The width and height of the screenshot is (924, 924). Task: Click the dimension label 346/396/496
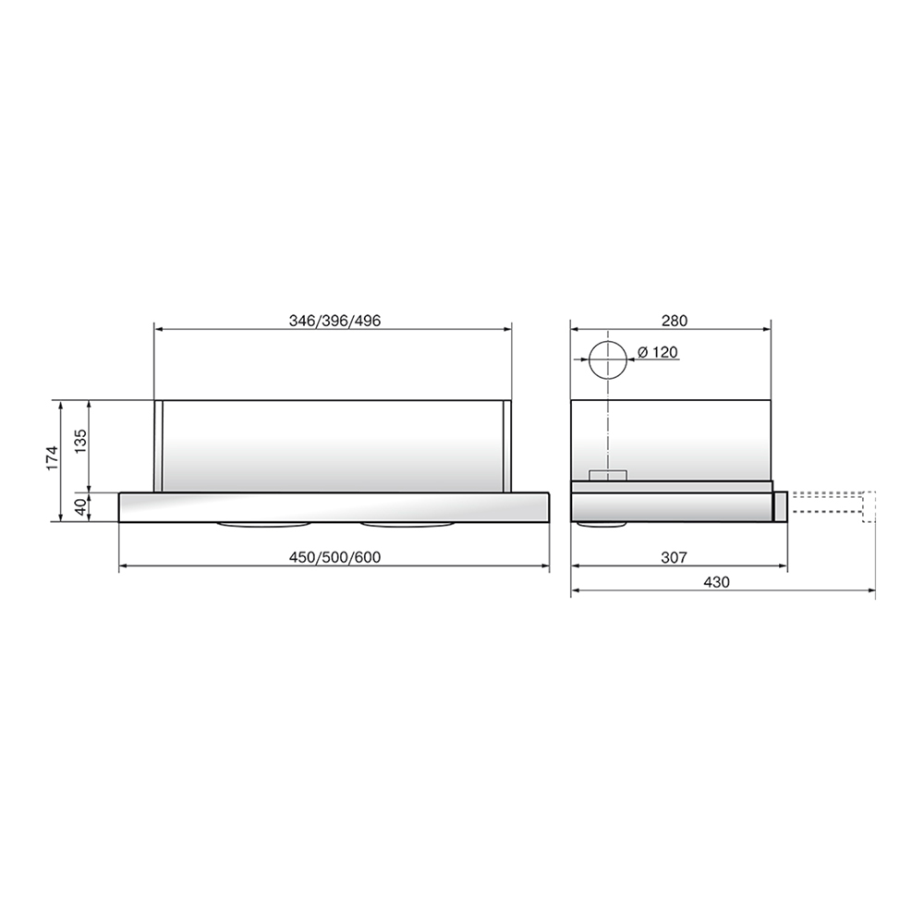(334, 321)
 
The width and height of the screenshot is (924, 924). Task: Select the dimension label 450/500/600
(334, 557)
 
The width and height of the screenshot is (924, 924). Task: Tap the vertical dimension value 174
(53, 458)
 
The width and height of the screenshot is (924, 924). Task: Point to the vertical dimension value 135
(80, 441)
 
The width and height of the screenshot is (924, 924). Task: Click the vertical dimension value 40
(80, 506)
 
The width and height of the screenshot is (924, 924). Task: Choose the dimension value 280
(675, 321)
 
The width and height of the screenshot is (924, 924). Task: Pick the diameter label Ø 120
(658, 352)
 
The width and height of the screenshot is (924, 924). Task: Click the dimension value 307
(674, 557)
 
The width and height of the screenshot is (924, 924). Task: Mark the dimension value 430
(717, 582)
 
